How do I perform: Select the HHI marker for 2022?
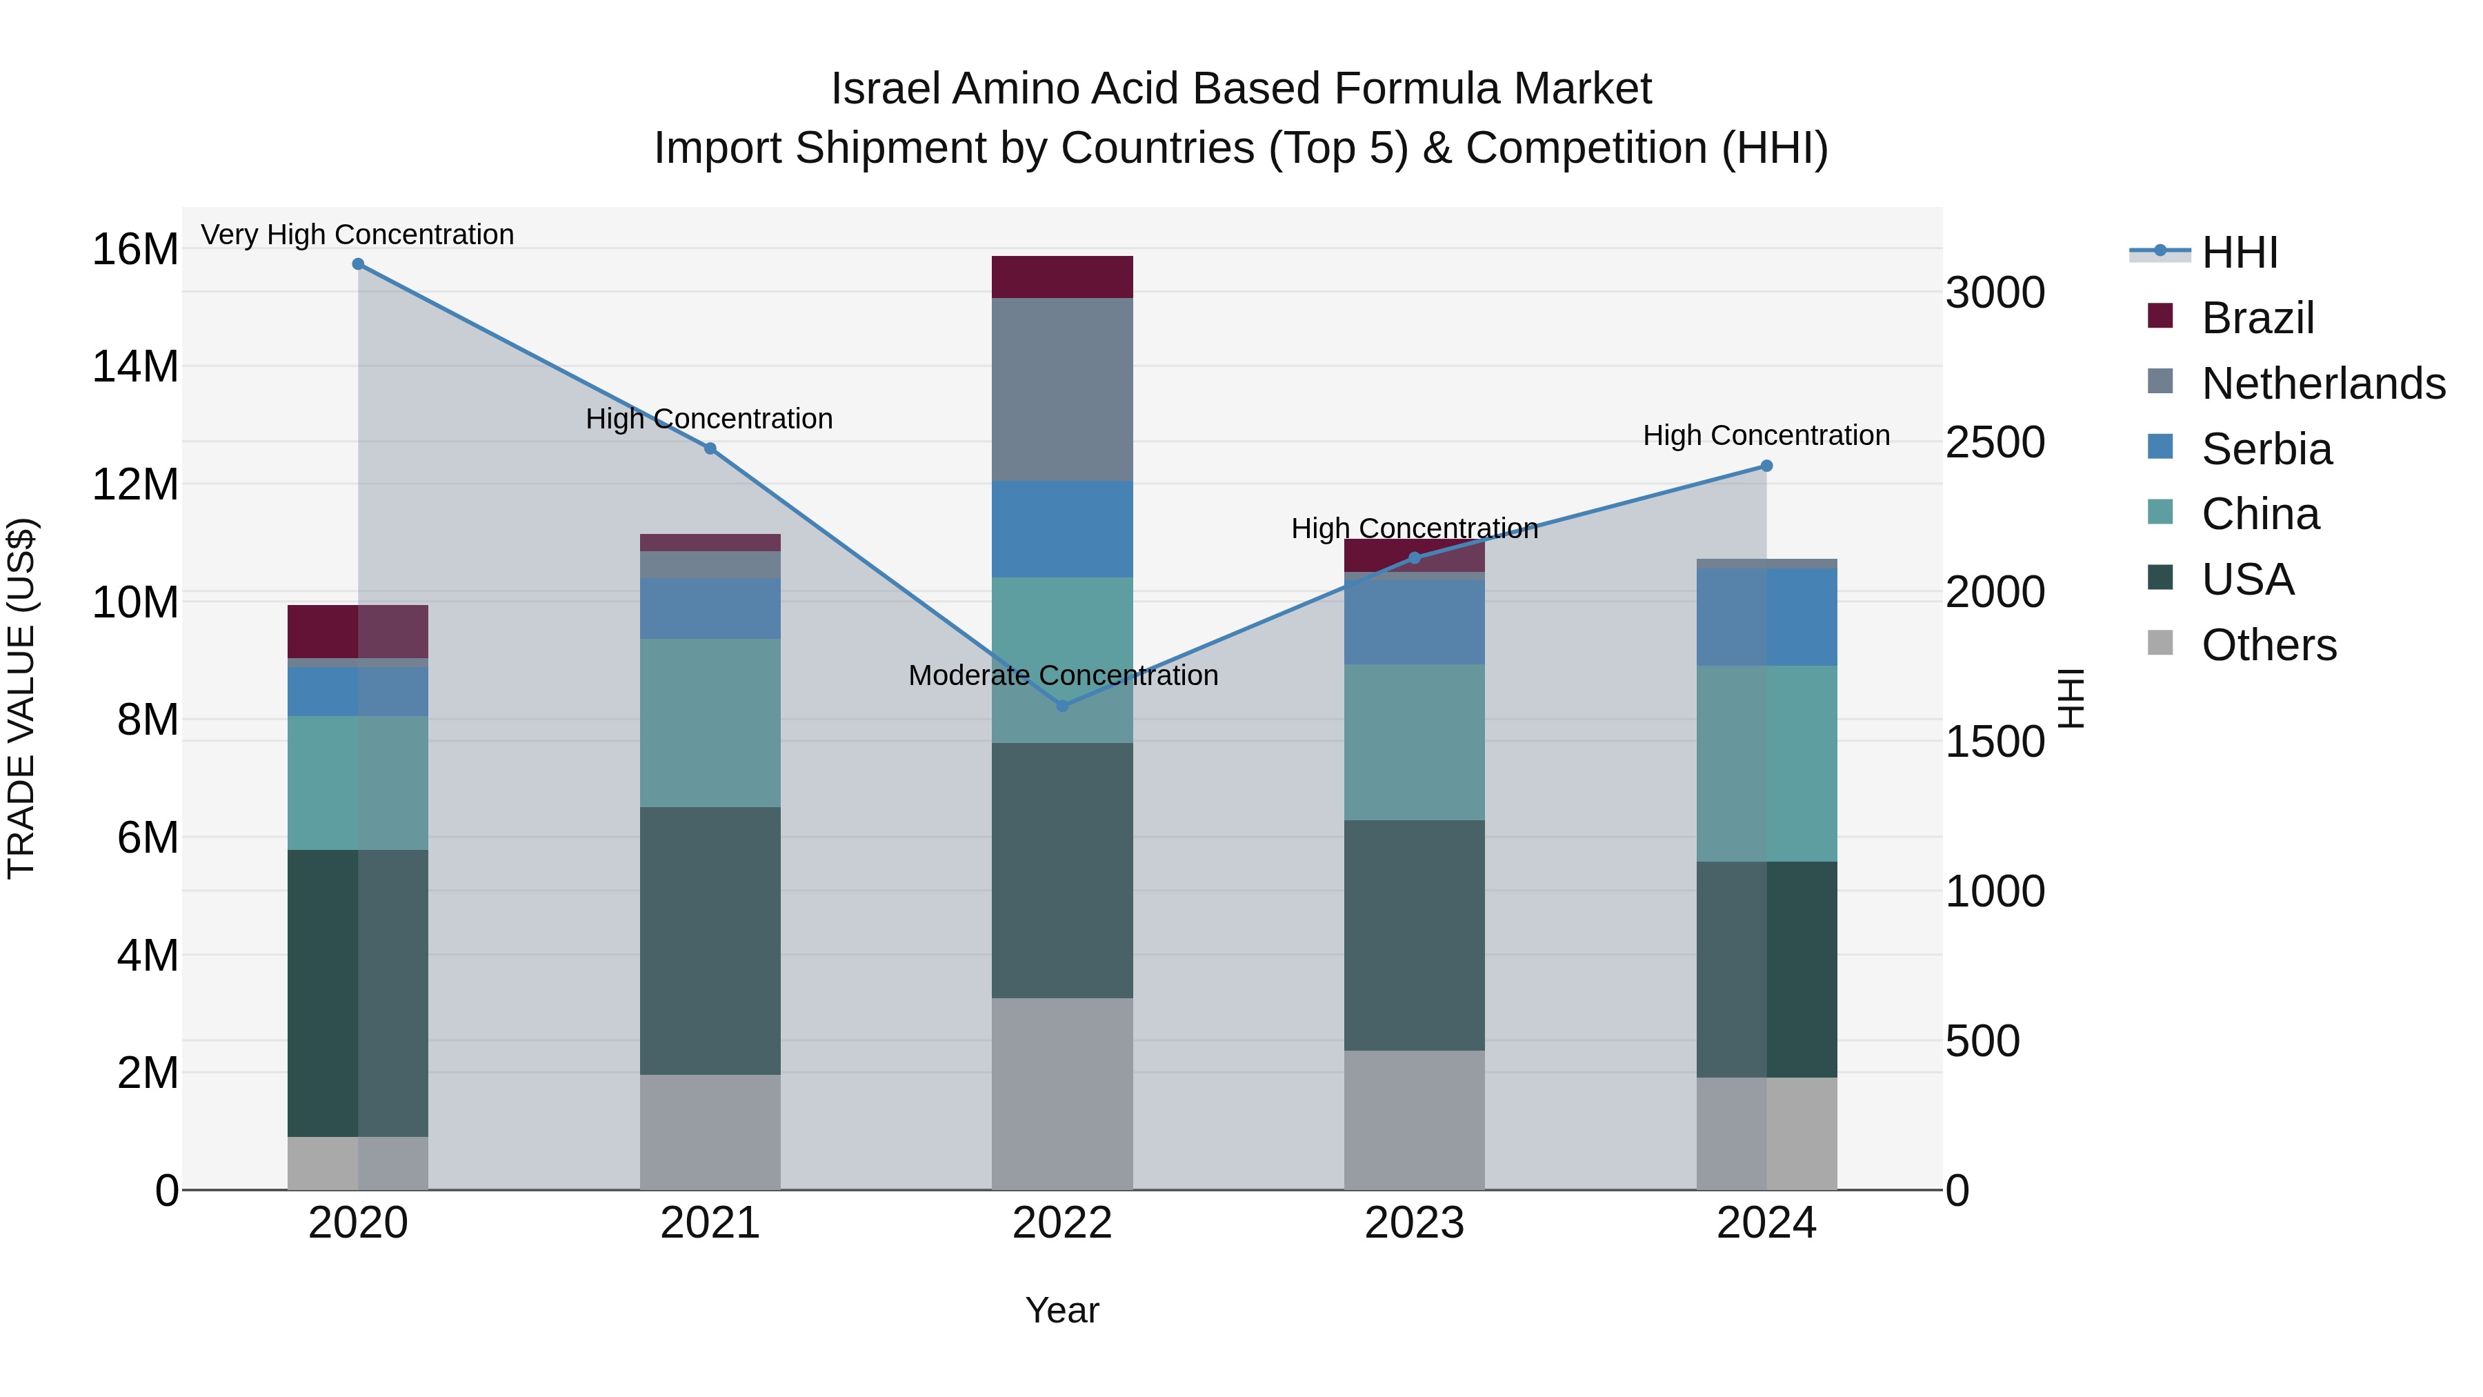[1062, 706]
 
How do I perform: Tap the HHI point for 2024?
[1766, 466]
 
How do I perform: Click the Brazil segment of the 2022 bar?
[1062, 277]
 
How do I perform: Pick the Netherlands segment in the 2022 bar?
[1062, 390]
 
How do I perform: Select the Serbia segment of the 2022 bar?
[1062, 529]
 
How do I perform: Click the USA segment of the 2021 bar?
[710, 941]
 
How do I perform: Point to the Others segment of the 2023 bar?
[1414, 1120]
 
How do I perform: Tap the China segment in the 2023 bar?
[1414, 742]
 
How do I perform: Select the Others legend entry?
[2268, 645]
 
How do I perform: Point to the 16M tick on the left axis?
[135, 250]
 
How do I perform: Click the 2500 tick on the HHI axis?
[1994, 442]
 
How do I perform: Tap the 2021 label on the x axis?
[710, 1223]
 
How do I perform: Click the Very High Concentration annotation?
[357, 235]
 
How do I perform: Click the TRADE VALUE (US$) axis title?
[21, 698]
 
